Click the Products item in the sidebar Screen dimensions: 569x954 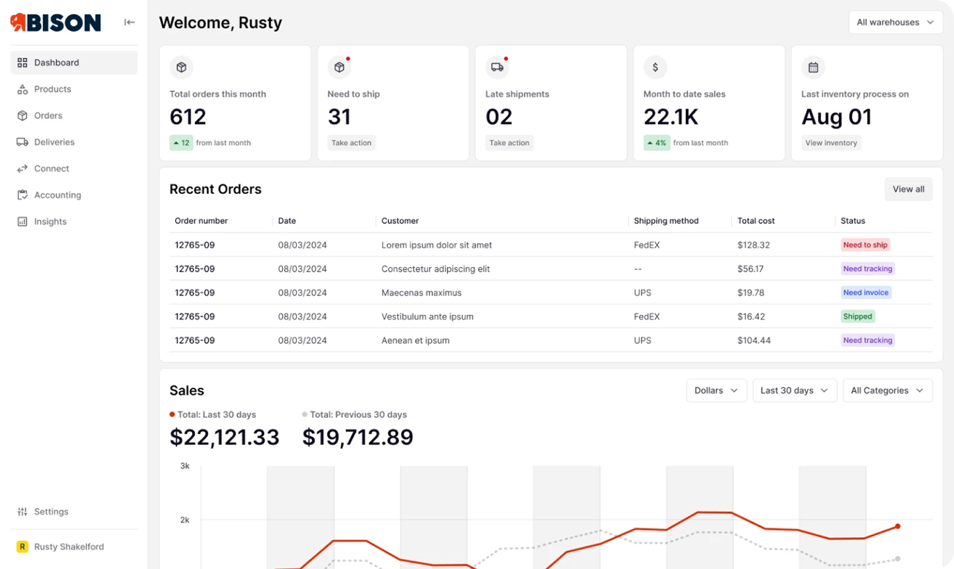coord(52,89)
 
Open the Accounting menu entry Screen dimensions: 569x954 coord(57,195)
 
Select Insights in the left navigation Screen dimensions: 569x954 coord(50,221)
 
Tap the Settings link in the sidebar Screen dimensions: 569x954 coord(51,511)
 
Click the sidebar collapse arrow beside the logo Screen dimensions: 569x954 coord(129,23)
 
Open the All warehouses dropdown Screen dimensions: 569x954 coord(895,23)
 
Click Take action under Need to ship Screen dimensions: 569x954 coord(351,143)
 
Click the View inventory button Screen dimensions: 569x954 coord(831,143)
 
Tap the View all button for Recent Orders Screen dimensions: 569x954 coord(908,189)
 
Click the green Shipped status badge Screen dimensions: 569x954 coord(857,316)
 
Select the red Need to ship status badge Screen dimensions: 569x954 coord(865,245)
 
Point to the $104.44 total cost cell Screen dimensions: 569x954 coord(753,341)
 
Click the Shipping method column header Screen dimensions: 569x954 coord(665,221)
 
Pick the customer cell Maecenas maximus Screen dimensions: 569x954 coord(421,293)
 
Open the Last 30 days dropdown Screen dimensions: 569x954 coord(794,391)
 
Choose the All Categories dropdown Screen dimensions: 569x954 coord(887,391)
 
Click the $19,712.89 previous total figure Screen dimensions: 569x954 coord(357,437)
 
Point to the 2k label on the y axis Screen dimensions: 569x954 coord(185,520)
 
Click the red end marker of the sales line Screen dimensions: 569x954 coord(897,526)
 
